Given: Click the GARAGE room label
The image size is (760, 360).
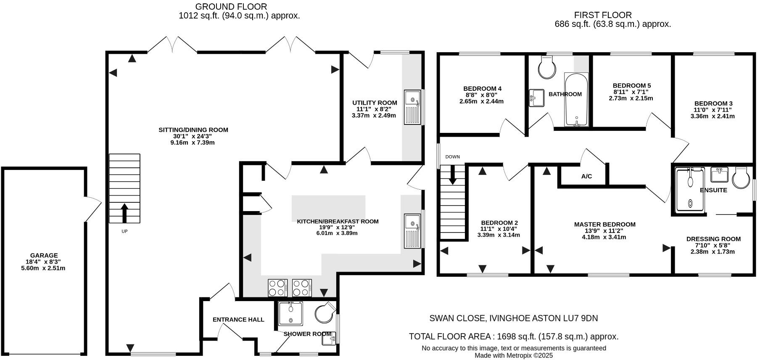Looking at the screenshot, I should [44, 255].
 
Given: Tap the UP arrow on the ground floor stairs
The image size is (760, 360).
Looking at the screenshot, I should [124, 213].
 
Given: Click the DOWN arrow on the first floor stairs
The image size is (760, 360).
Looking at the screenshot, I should [452, 175].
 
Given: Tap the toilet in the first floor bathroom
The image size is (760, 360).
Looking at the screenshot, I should [547, 67].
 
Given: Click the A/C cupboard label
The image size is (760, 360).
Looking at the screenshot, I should [586, 176].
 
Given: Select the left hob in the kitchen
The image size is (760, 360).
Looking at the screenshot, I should [277, 288].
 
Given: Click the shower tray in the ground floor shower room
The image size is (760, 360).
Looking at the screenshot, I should [290, 314].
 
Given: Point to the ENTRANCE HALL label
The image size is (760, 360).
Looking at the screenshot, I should [238, 320].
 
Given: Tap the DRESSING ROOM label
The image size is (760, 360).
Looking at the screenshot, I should [713, 239].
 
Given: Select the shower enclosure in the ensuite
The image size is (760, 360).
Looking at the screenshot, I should [689, 189].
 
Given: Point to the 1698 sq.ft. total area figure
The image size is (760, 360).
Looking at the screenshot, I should [516, 336].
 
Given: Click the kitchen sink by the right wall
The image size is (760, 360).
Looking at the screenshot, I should [412, 231].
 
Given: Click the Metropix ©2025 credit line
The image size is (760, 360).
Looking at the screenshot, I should [514, 355].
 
